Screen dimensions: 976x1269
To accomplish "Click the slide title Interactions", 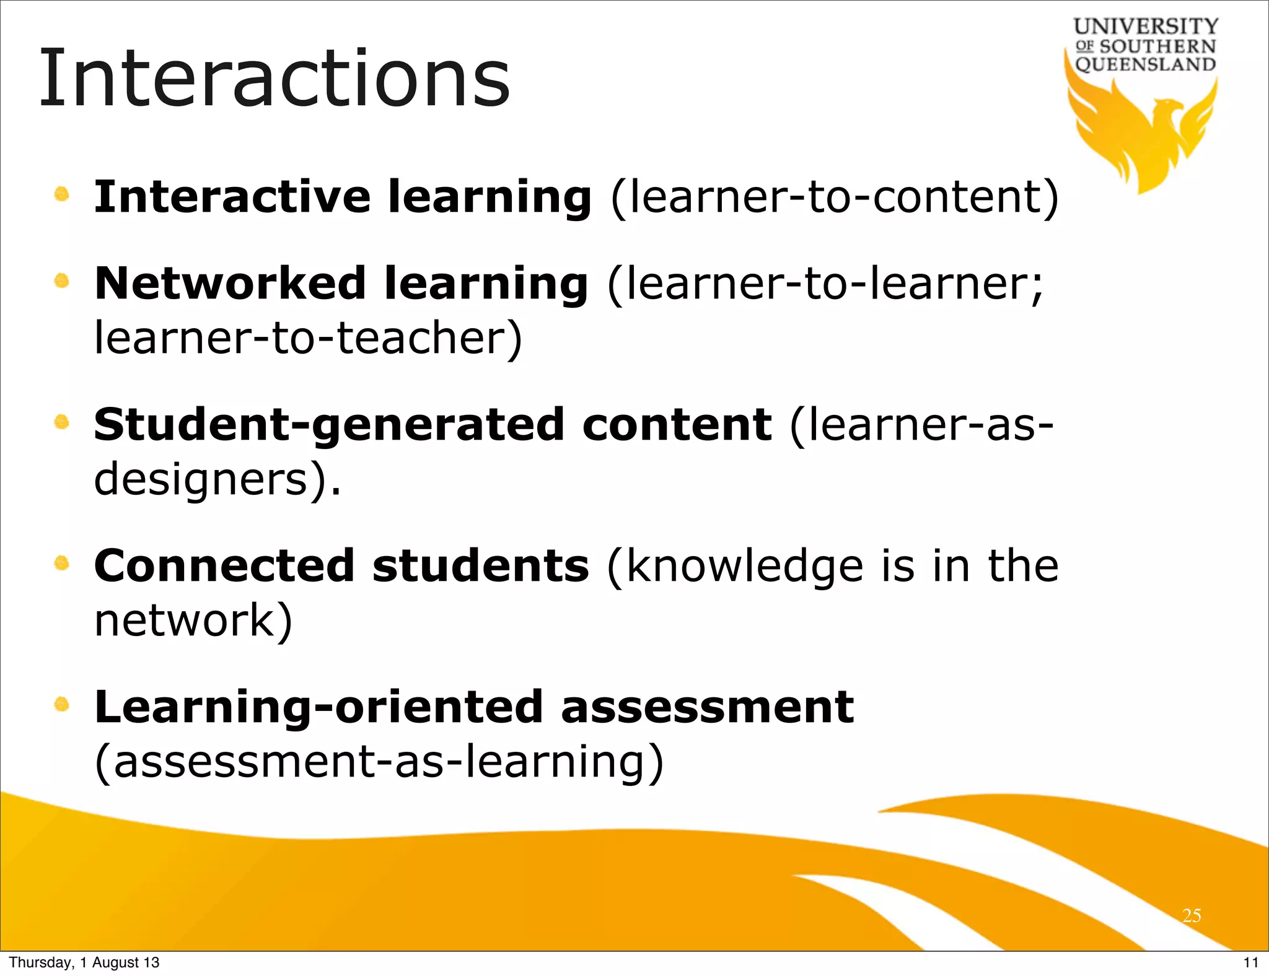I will tap(274, 79).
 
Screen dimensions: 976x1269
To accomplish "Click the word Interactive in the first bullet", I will tap(232, 196).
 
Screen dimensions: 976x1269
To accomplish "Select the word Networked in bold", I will tap(230, 283).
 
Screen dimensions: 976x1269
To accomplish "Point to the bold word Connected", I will tap(224, 566).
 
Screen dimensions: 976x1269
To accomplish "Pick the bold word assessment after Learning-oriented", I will tap(707, 707).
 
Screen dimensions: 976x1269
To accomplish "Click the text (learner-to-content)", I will tap(835, 198).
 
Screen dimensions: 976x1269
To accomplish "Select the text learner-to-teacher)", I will tap(308, 339).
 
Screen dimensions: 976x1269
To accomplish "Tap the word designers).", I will tap(217, 480).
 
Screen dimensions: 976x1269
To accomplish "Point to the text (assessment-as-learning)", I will tap(379, 762).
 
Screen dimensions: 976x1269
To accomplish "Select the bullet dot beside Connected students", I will tap(61, 563).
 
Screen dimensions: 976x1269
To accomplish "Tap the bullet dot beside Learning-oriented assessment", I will tap(61, 704).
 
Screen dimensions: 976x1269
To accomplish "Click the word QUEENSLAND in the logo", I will tap(1145, 64).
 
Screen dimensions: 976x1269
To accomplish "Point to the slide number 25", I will tap(1192, 915).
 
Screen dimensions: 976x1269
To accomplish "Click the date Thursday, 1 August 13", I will tap(84, 962).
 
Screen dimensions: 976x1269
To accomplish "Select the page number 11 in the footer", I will tap(1251, 962).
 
